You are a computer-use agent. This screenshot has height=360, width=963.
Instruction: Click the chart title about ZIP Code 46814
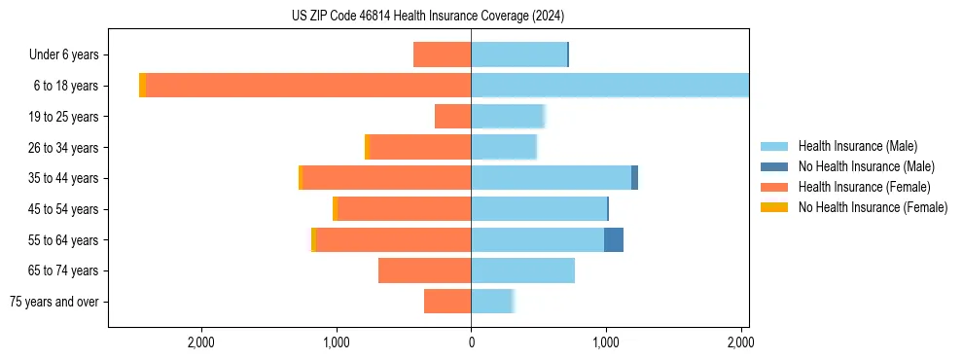point(428,17)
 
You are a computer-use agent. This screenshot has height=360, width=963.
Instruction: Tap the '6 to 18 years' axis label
point(64,86)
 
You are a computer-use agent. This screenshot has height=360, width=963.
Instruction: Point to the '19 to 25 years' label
point(62,117)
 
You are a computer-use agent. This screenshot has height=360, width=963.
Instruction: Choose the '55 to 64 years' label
point(62,240)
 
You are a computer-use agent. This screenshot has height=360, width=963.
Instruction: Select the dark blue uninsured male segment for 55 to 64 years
point(614,240)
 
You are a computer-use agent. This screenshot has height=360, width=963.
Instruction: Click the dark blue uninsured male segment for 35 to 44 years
point(634,178)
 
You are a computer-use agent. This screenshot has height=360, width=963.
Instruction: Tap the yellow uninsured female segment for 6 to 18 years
point(142,86)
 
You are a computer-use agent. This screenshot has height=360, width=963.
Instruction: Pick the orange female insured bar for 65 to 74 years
point(424,270)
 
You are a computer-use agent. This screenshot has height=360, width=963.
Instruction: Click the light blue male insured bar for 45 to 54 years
point(539,209)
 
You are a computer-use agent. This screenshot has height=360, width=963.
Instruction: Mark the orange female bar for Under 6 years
point(442,54)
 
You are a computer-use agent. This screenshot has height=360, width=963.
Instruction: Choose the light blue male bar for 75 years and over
point(491,302)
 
